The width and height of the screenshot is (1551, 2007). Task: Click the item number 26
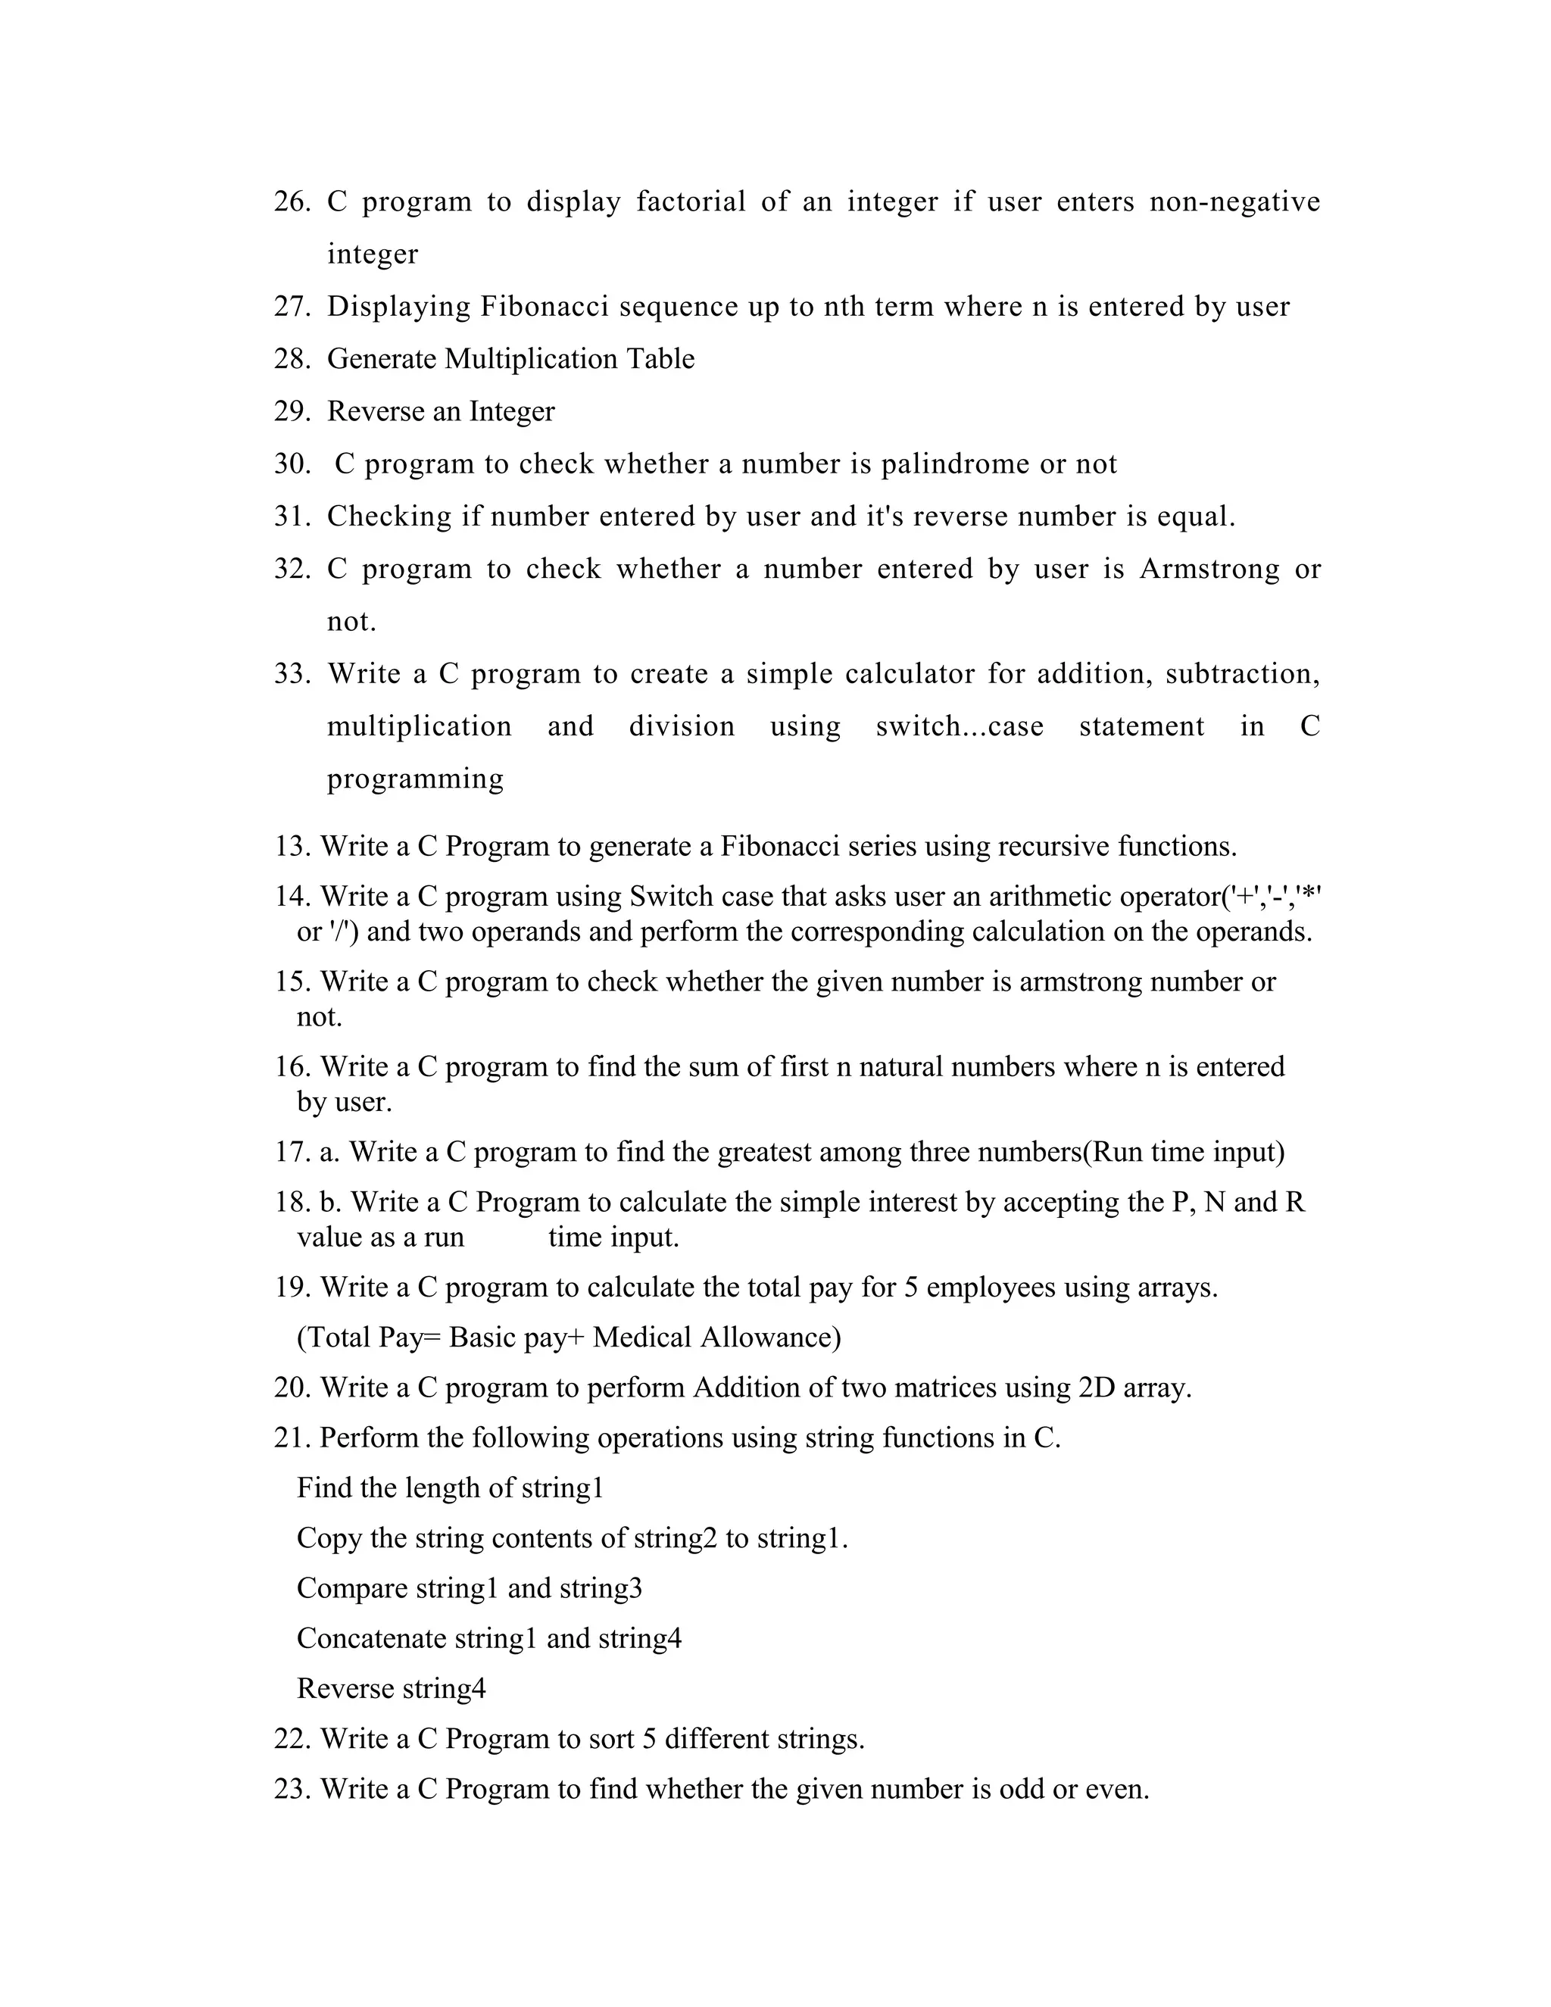tap(292, 201)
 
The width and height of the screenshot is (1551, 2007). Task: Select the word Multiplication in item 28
tap(531, 358)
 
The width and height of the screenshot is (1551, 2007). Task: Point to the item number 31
tap(292, 517)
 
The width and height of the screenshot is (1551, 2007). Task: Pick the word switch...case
tap(960, 727)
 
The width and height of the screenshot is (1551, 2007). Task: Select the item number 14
tap(292, 896)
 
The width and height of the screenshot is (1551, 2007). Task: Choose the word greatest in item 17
tap(762, 1151)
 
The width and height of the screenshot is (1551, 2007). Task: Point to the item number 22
tap(292, 1739)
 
